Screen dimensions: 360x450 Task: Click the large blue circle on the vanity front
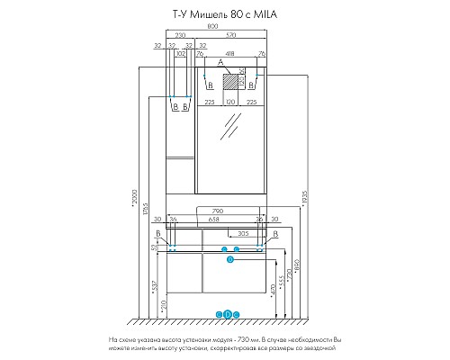click(x=229, y=259)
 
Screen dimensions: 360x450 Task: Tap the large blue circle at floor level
click(x=227, y=314)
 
